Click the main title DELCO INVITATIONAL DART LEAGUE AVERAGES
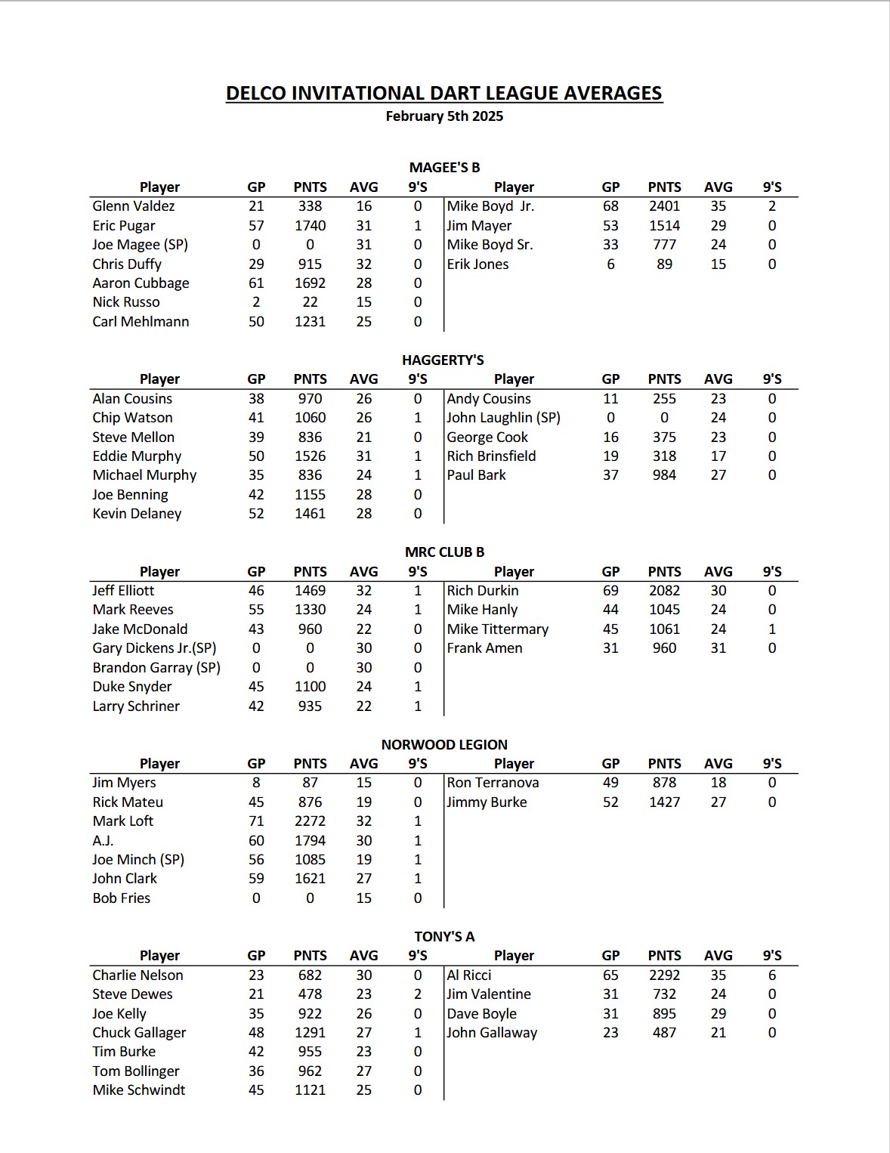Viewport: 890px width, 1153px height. click(x=444, y=93)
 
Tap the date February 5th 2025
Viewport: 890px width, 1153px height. click(x=444, y=116)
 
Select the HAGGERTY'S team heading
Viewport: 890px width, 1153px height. click(x=443, y=360)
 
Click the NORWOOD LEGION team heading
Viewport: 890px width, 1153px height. click(x=444, y=744)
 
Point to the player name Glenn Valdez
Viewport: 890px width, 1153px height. click(x=134, y=206)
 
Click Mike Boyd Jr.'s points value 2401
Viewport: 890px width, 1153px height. click(x=664, y=206)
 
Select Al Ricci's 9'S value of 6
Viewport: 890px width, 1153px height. click(x=771, y=975)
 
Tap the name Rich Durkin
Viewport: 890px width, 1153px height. click(x=483, y=591)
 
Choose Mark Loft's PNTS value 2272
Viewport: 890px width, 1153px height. click(x=310, y=821)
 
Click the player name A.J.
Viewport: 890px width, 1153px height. click(x=103, y=840)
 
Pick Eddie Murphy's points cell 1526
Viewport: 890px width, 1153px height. click(x=310, y=456)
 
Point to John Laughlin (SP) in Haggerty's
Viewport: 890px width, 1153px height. click(x=503, y=418)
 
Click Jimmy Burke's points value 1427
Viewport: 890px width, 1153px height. click(x=664, y=802)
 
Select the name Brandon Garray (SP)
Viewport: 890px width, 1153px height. click(x=156, y=668)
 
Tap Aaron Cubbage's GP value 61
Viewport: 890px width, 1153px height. click(x=256, y=283)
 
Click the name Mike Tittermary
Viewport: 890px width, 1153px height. click(x=497, y=629)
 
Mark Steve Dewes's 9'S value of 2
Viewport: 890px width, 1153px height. click(x=417, y=994)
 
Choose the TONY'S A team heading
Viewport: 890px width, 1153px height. click(x=444, y=936)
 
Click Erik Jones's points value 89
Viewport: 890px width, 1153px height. click(x=664, y=264)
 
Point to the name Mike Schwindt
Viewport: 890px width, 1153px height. click(x=139, y=1090)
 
